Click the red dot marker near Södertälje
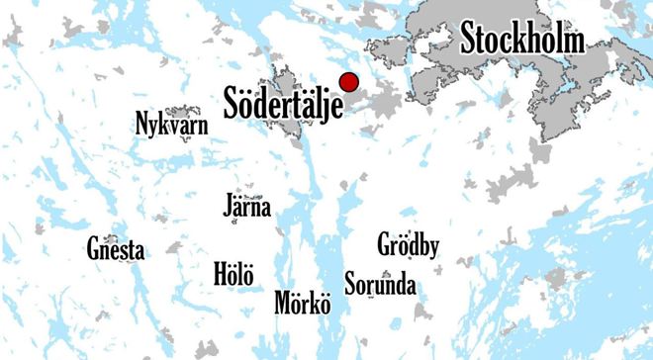click(x=348, y=82)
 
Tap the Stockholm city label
click(x=522, y=40)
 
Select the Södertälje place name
click(x=283, y=102)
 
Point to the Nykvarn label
click(x=174, y=124)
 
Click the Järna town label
click(x=247, y=208)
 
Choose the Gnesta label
click(x=115, y=250)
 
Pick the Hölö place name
click(x=233, y=273)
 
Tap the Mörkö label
click(x=302, y=302)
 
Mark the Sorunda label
click(x=380, y=286)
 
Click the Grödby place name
click(x=409, y=244)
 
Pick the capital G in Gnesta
click(x=93, y=249)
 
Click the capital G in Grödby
click(x=385, y=243)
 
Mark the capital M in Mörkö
click(x=283, y=302)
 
